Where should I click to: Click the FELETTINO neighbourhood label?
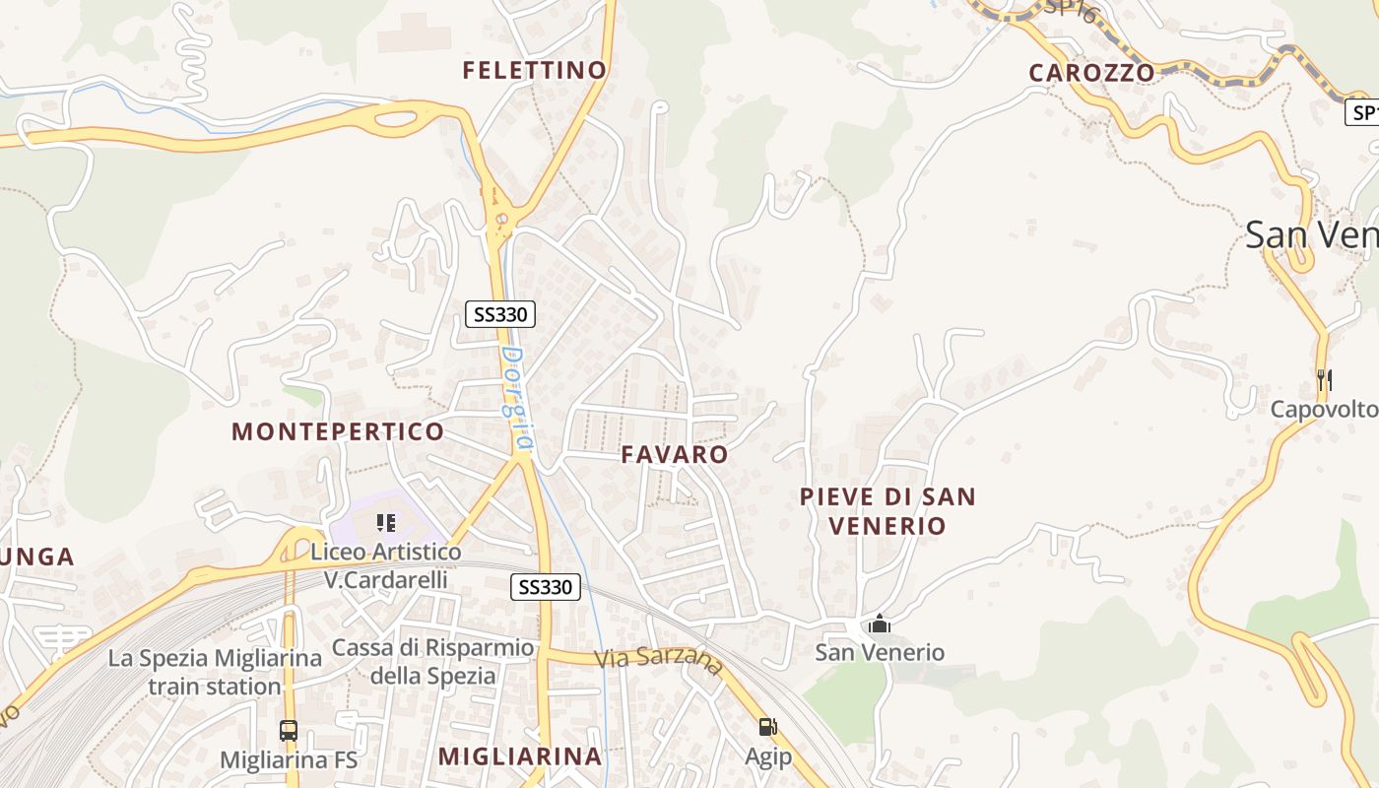[x=535, y=70]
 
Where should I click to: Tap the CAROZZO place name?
[x=1091, y=72]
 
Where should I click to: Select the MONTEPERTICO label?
[x=338, y=431]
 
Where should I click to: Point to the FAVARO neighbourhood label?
[x=675, y=454]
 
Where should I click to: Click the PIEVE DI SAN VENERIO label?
[x=887, y=511]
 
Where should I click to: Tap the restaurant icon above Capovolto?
[x=1324, y=379]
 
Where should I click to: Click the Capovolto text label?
[x=1324, y=409]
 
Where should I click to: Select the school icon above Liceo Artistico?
[x=386, y=522]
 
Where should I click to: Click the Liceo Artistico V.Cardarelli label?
[x=386, y=565]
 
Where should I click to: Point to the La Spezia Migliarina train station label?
[x=215, y=672]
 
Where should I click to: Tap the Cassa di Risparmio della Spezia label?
[x=433, y=662]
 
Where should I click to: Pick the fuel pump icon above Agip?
[x=767, y=727]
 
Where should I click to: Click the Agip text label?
[x=767, y=756]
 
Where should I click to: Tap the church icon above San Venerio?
[x=880, y=624]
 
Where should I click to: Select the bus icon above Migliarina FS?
[x=289, y=731]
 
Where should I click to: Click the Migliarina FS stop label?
[x=289, y=760]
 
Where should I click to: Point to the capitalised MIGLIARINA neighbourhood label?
[x=520, y=756]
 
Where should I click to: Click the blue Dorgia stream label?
[x=516, y=399]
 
